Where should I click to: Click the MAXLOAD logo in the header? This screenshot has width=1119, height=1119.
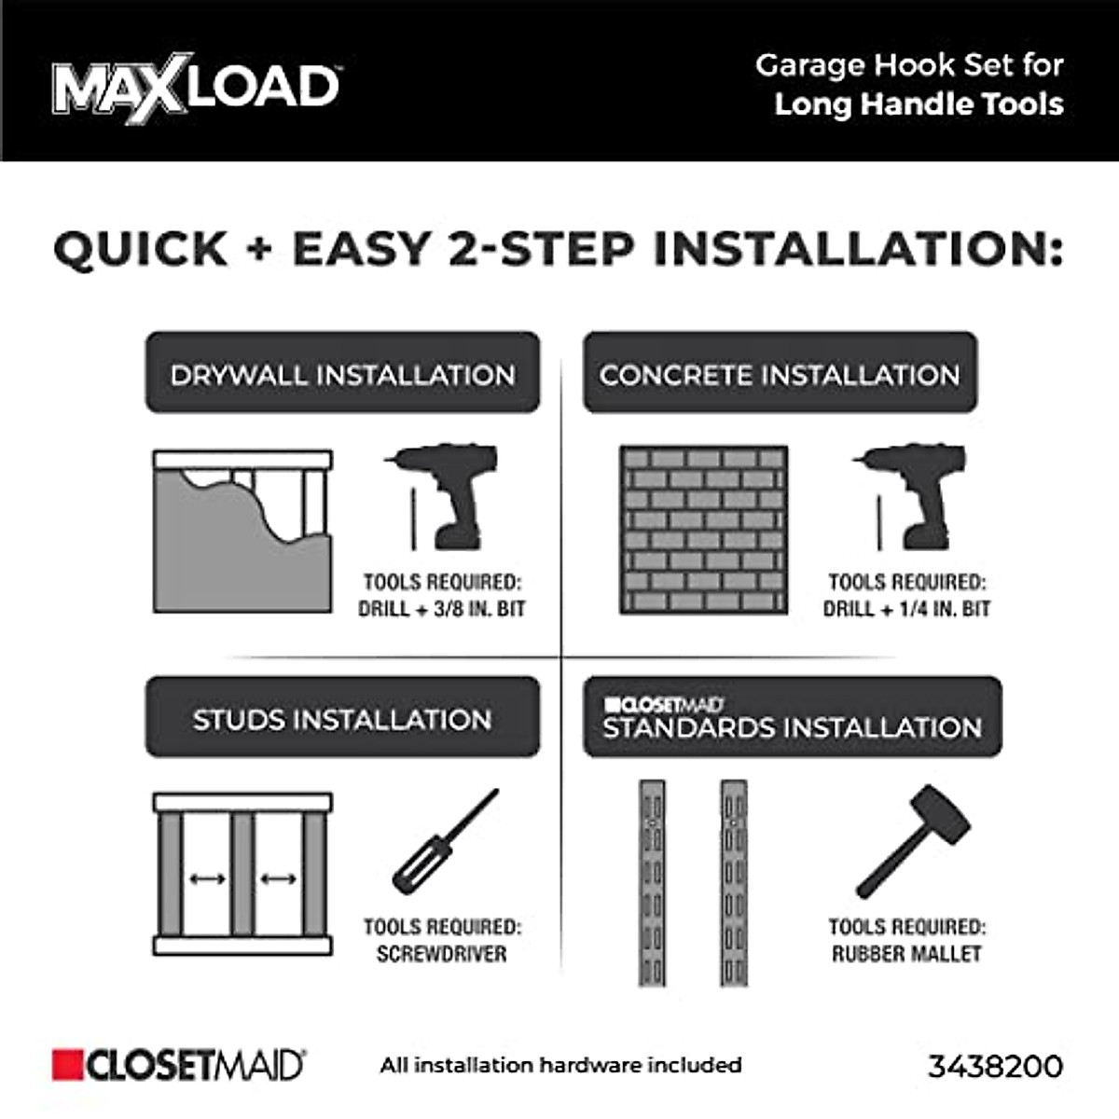click(196, 87)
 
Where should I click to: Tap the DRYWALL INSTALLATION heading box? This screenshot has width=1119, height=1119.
click(342, 373)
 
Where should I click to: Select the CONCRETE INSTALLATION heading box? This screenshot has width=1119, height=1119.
click(780, 373)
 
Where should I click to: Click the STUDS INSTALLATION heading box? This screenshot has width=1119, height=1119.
click(342, 718)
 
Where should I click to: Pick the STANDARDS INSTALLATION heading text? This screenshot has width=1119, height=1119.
click(792, 727)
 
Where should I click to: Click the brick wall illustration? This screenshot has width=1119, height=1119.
click(703, 530)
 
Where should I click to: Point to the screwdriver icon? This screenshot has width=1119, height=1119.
click(445, 842)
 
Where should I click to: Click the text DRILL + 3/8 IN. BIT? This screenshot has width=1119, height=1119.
click(442, 608)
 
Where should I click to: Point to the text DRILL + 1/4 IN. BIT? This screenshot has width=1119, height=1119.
click(906, 608)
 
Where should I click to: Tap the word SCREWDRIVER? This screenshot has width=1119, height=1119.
click(442, 954)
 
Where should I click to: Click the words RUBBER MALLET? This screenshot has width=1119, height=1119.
click(906, 954)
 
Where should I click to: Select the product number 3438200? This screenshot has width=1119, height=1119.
click(995, 1066)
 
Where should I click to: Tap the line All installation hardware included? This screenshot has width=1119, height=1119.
click(560, 1065)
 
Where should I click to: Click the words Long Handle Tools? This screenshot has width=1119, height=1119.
click(919, 104)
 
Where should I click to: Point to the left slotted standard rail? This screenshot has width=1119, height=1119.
click(652, 882)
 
